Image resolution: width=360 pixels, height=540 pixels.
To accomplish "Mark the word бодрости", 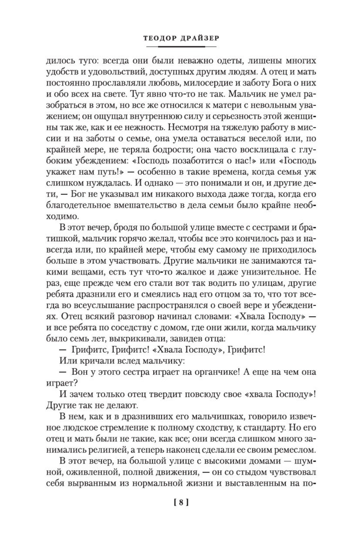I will point(162,142).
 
